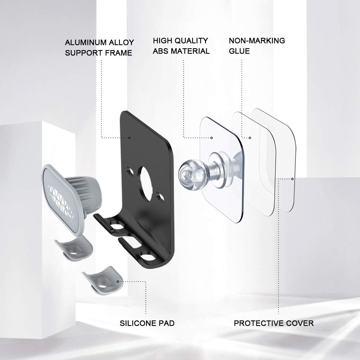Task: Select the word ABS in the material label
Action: [161, 51]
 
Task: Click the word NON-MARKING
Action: [257, 41]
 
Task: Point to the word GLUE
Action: [239, 51]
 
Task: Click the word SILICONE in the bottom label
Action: [135, 323]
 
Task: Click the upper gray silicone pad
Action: [74, 248]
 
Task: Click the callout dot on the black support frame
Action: [129, 138]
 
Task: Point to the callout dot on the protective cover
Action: [292, 179]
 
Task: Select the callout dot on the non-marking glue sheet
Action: [250, 138]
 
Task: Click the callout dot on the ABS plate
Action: [211, 138]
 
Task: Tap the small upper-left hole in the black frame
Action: [130, 171]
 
